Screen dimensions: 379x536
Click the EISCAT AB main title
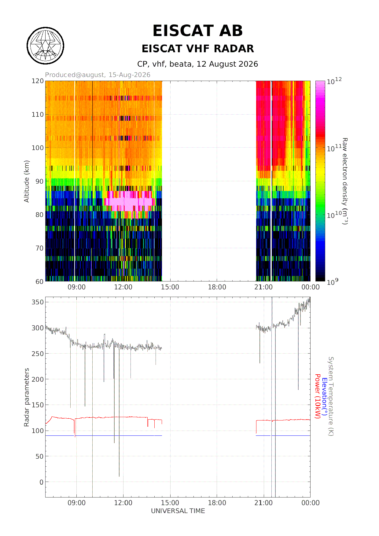(x=197, y=31)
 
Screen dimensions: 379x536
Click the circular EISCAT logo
(x=46, y=46)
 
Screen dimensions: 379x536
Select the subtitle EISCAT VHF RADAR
(x=198, y=49)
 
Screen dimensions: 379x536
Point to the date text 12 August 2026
(x=227, y=64)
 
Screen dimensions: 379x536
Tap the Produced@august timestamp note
(x=98, y=75)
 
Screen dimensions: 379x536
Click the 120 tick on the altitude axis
(x=38, y=81)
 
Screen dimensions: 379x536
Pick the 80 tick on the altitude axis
(x=40, y=215)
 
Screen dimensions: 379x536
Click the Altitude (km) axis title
(x=27, y=181)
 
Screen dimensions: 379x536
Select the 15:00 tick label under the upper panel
(x=170, y=287)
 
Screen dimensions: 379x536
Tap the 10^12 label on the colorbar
(x=334, y=81)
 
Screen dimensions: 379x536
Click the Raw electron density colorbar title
(x=345, y=181)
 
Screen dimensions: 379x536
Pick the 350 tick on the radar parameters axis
(x=38, y=302)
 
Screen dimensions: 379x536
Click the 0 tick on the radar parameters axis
(x=42, y=482)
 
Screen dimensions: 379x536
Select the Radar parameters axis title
(x=27, y=397)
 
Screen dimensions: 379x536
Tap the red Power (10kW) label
(x=318, y=396)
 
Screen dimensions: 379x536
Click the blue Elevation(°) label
(x=324, y=397)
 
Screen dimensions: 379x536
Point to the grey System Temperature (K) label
(x=331, y=396)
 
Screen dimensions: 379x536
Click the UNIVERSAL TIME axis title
(x=178, y=511)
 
